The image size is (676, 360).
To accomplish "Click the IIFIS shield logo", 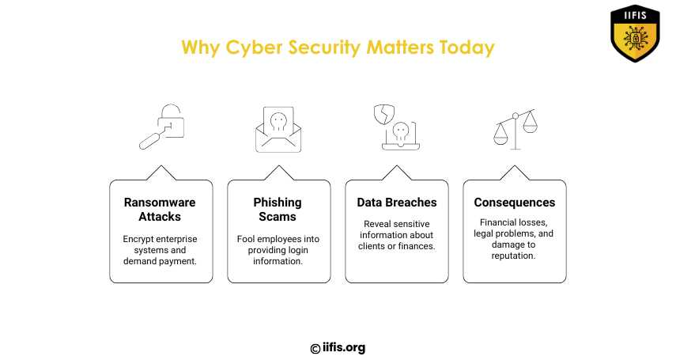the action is click(x=635, y=33).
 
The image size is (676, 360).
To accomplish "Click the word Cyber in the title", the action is click(x=254, y=48).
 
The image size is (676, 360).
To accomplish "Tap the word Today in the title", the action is click(x=466, y=47).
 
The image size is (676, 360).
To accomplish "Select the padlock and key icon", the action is click(x=161, y=127).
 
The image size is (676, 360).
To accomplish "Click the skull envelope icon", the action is click(x=278, y=130).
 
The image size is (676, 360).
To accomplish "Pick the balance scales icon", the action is click(x=515, y=129).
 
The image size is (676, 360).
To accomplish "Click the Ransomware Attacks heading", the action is click(x=160, y=210).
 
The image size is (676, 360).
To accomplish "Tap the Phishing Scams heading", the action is click(x=278, y=210).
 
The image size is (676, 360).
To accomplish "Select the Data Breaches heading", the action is click(x=397, y=203).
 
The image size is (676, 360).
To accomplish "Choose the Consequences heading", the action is click(x=515, y=203).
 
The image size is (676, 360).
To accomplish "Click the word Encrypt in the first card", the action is click(x=137, y=239).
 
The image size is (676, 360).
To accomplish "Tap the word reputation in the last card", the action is click(x=513, y=256).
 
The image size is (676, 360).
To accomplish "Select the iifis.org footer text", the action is click(x=344, y=347).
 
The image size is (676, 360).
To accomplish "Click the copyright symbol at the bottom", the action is click(x=315, y=349).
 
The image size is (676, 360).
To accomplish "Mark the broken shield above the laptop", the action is click(x=384, y=115).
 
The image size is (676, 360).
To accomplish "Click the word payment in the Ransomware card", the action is click(x=178, y=262).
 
